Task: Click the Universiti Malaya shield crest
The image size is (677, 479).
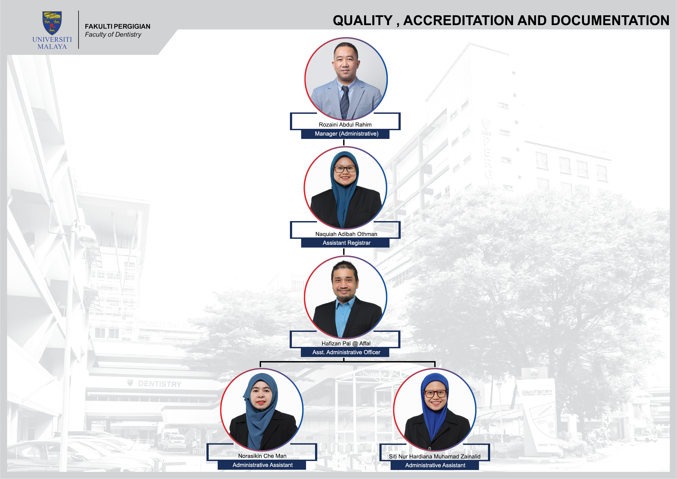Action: point(52,23)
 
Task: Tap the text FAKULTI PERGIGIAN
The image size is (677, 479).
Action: point(118,26)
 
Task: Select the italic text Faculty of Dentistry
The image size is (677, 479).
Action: point(113,35)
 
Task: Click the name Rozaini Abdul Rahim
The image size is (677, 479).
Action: point(345,124)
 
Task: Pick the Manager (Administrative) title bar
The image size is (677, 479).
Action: point(345,134)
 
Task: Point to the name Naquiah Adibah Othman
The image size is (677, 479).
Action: point(346,234)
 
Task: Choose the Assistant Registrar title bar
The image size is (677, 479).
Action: point(345,243)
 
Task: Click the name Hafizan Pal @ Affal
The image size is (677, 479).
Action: point(346,344)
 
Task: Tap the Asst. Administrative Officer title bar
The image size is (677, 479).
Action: point(345,352)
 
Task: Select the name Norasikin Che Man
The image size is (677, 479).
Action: point(262,456)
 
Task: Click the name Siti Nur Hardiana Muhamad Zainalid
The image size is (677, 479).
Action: point(435,457)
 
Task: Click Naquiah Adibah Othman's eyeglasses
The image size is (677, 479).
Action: point(345,169)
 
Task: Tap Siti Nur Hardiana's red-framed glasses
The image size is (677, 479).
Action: point(435,394)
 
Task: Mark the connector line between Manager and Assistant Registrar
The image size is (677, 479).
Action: point(344,142)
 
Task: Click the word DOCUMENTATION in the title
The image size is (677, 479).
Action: point(610,20)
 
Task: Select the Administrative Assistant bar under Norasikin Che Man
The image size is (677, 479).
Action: point(262,465)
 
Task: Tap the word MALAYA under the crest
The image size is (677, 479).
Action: point(52,47)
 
